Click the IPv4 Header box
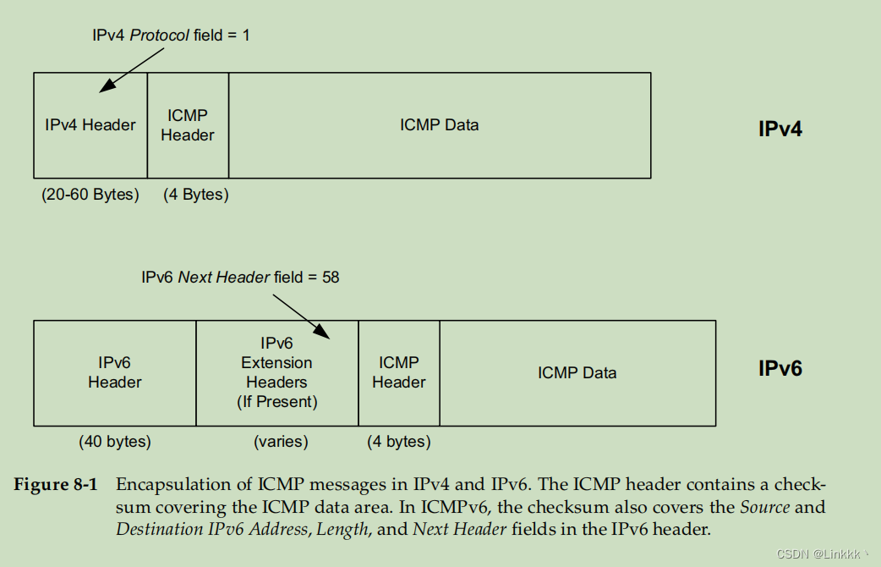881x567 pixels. (x=90, y=125)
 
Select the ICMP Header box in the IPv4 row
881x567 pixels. (x=188, y=125)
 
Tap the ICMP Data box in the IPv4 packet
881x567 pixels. (x=439, y=125)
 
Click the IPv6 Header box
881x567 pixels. (x=115, y=372)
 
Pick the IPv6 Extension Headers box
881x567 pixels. (x=276, y=372)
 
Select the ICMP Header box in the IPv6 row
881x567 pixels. (x=399, y=372)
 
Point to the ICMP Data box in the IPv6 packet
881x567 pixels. (x=577, y=372)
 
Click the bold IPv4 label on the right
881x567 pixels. (x=780, y=129)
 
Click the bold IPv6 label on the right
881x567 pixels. (x=780, y=369)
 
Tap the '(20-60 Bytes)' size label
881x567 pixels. (x=90, y=195)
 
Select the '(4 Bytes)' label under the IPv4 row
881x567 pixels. (x=196, y=195)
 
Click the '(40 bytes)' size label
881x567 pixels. (x=115, y=442)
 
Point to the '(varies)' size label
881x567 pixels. (x=281, y=442)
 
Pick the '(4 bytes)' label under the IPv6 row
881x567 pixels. (x=399, y=442)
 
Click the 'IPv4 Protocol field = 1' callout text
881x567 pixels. (x=171, y=36)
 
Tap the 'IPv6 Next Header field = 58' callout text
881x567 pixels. (x=240, y=277)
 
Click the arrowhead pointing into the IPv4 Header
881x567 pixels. (x=104, y=86)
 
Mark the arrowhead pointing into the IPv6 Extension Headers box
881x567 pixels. (x=326, y=334)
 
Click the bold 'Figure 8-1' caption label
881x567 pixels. (x=56, y=485)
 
